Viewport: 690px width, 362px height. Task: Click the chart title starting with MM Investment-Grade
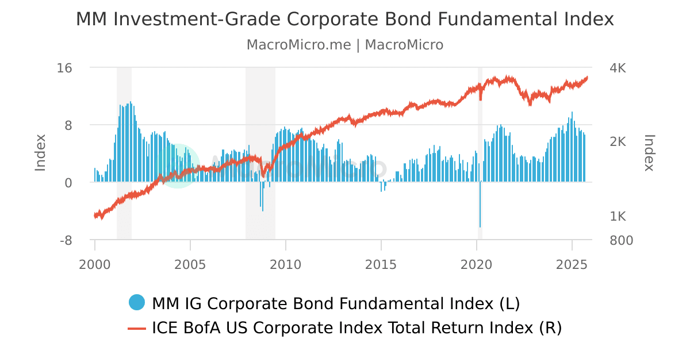point(345,20)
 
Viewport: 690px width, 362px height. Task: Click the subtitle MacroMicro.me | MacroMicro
point(345,45)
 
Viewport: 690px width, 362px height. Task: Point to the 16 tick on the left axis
point(65,68)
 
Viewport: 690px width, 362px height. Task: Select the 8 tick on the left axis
point(68,125)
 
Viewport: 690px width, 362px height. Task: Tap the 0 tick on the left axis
point(68,183)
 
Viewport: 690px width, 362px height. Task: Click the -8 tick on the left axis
point(66,240)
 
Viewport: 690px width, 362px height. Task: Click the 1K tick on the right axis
point(618,217)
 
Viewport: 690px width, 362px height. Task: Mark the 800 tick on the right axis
point(621,240)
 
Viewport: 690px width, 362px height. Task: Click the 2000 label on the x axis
point(95,265)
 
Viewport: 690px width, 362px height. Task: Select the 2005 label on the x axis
point(190,265)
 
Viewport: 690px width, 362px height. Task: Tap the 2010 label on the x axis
point(286,265)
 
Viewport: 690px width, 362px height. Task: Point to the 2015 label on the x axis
point(381,265)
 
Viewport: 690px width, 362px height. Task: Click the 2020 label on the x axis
point(477,265)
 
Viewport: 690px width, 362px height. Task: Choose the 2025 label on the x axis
point(572,265)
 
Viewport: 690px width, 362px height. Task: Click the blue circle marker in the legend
point(137,302)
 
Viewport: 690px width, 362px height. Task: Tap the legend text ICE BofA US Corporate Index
point(356,328)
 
